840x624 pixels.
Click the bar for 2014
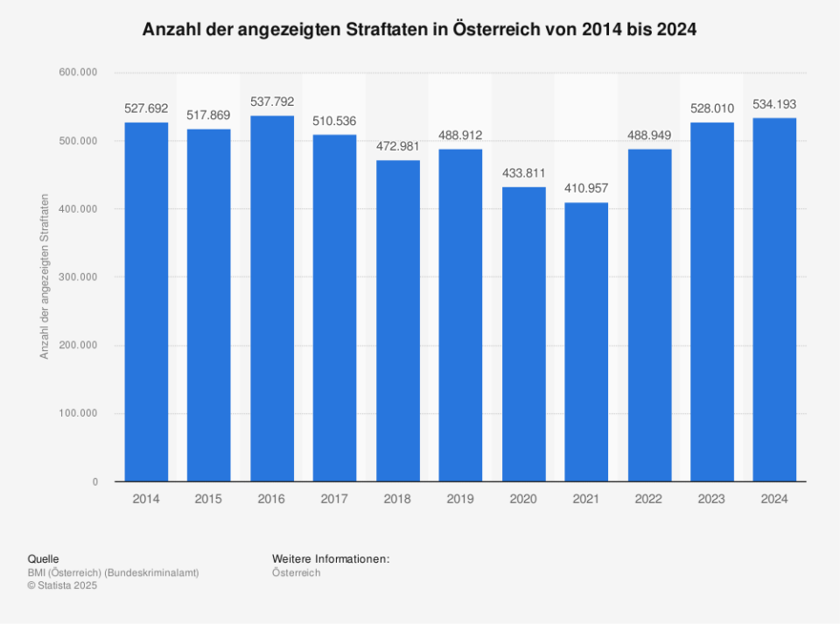[146, 302]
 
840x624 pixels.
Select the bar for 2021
[586, 342]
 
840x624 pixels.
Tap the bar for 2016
[272, 298]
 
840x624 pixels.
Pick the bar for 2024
[774, 300]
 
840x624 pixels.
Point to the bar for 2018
[398, 321]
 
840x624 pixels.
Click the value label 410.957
[586, 188]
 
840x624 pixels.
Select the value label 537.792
[272, 102]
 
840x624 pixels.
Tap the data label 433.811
[523, 172]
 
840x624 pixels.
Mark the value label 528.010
[712, 109]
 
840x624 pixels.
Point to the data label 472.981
[398, 146]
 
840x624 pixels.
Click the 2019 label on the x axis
[460, 499]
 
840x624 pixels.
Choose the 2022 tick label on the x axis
[649, 499]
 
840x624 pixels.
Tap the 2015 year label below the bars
[208, 499]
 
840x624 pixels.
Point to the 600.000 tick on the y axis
[78, 73]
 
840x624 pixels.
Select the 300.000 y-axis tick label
[78, 277]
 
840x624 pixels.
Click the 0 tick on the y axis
[94, 482]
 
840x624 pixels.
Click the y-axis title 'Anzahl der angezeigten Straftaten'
[44, 277]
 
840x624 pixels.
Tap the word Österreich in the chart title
[497, 29]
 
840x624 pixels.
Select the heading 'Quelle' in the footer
[43, 558]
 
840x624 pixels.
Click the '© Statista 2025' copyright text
[62, 585]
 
